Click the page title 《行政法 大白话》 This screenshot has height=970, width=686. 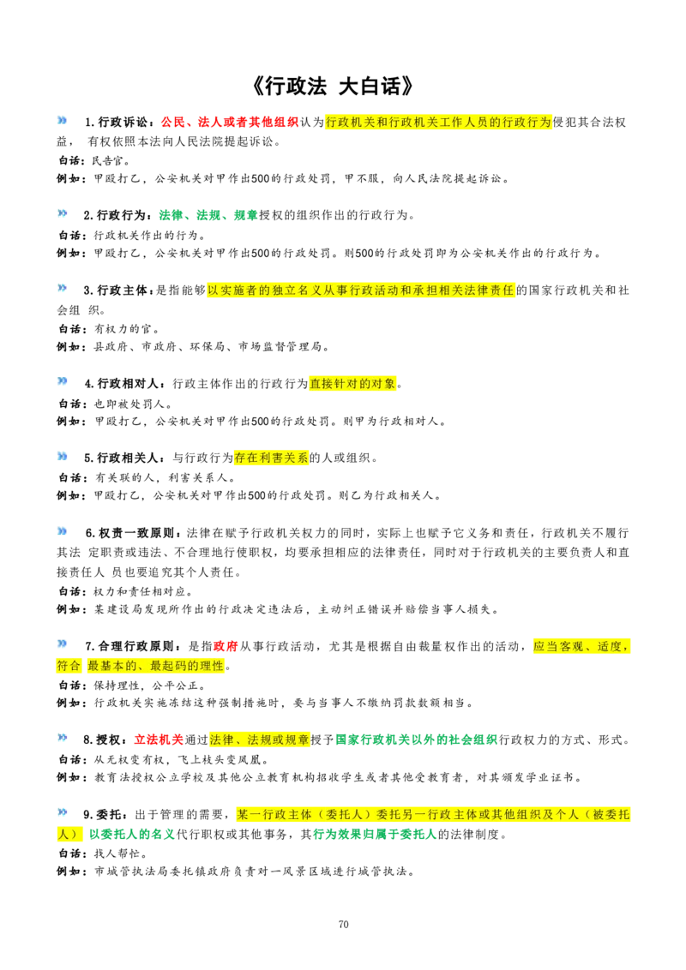coord(333,86)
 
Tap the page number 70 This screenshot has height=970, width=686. coord(344,925)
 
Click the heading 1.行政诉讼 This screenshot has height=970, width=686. coord(116,123)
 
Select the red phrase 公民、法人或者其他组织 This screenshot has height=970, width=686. coord(229,123)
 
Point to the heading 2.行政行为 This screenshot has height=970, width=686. coord(116,215)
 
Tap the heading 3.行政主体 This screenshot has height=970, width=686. coord(117,290)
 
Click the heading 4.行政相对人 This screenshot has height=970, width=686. coord(124,384)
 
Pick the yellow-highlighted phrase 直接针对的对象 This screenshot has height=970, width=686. coord(352,384)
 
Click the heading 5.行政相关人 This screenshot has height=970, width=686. coord(123,458)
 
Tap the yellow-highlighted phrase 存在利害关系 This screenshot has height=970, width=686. coord(271,458)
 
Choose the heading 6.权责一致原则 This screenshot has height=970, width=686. coord(133,533)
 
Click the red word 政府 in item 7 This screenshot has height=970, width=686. coord(226,646)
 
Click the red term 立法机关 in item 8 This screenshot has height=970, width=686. coord(159,739)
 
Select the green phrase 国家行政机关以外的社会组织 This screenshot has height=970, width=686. coord(416,739)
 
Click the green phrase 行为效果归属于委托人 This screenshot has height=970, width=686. coord(375,835)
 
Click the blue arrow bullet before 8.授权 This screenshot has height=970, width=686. coord(62,738)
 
